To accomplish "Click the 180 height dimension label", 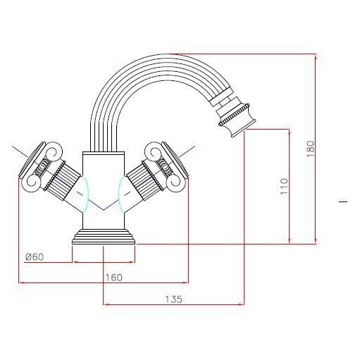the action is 311,149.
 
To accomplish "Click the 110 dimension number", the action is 284,186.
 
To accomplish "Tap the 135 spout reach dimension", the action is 174,299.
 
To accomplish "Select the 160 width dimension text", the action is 114,278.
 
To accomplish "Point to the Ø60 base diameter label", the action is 35,257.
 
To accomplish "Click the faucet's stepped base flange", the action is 104,237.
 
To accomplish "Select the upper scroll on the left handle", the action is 55,151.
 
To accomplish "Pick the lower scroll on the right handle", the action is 173,182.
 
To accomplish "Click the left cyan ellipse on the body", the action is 84,193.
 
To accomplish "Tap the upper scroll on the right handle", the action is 152,151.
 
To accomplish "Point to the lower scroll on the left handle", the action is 34,182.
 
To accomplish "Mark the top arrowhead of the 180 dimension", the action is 316,57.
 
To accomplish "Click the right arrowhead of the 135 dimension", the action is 241,304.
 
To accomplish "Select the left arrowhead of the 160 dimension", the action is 22,283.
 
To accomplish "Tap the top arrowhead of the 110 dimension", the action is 290,132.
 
